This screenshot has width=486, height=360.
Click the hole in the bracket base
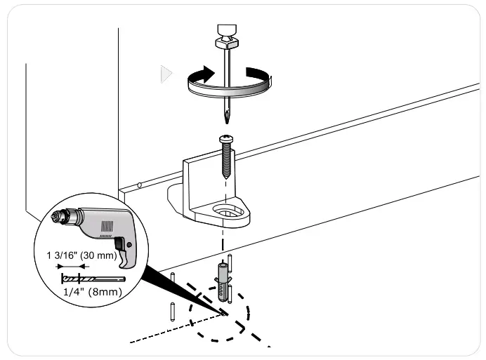coord(229,210)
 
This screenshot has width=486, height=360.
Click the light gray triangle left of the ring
coord(166,74)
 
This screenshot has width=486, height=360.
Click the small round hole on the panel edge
coord(140,185)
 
